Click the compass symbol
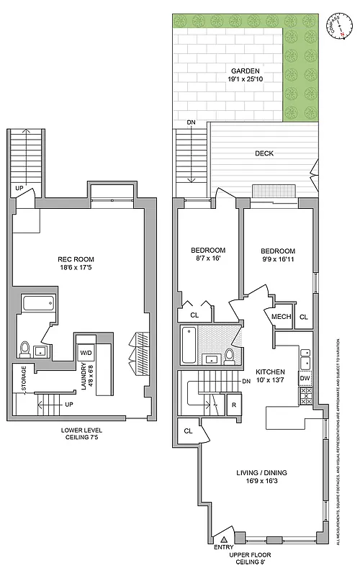click(x=336, y=24)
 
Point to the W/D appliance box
click(x=86, y=353)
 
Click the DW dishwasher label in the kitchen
click(x=305, y=378)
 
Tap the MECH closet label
click(x=280, y=317)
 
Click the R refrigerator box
click(x=234, y=405)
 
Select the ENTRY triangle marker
click(x=224, y=539)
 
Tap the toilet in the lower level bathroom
click(x=24, y=349)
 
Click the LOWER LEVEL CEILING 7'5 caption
click(x=80, y=438)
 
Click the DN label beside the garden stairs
click(x=191, y=122)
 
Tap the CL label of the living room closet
click(x=188, y=431)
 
